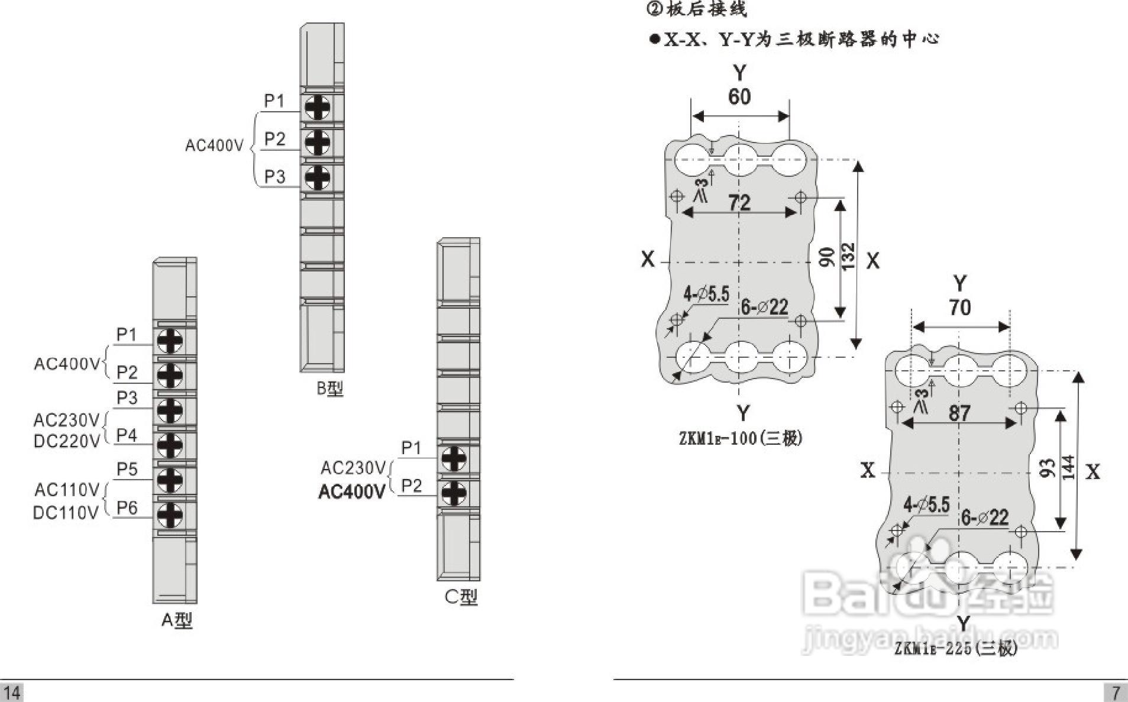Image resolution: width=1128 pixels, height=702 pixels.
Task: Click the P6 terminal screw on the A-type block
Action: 170,514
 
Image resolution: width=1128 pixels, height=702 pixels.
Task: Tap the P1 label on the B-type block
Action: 274,101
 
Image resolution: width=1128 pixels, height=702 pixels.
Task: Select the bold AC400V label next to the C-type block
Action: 352,491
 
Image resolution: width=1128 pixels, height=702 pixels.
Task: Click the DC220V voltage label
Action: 66,441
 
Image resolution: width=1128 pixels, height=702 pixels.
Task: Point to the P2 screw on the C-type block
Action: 454,493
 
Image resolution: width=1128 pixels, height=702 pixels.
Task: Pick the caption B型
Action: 329,389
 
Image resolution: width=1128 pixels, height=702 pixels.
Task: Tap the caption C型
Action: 461,597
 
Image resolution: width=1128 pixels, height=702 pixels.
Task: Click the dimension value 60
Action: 739,96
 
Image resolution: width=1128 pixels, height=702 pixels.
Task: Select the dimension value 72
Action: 739,203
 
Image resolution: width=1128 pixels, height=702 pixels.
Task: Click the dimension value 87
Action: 959,413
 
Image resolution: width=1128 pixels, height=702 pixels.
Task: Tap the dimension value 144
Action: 1069,467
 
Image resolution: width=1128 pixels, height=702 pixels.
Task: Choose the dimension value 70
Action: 959,308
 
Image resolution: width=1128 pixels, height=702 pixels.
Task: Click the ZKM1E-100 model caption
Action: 741,438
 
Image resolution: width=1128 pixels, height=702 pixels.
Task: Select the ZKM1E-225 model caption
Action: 955,649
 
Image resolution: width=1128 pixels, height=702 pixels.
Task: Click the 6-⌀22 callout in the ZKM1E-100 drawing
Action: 764,307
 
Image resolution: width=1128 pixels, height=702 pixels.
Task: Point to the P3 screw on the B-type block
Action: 317,177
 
